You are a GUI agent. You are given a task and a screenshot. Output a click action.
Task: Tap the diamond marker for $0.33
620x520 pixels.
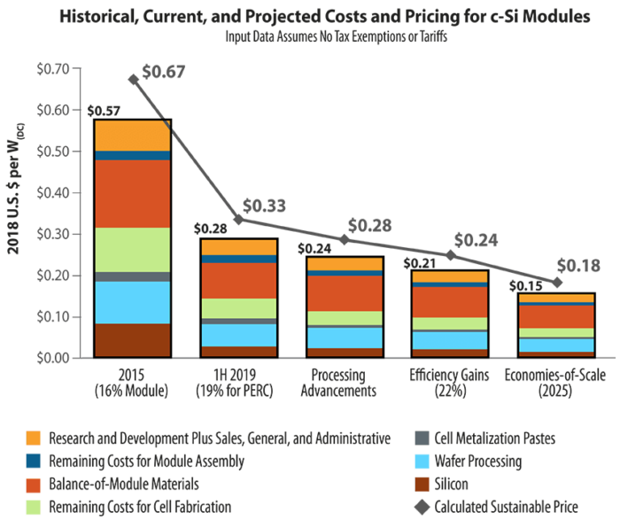pyautogui.click(x=237, y=219)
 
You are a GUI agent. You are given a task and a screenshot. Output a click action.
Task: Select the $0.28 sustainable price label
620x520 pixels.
pyautogui.click(x=369, y=225)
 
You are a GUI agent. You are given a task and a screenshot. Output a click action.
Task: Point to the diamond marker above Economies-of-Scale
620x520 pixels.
pyautogui.click(x=556, y=282)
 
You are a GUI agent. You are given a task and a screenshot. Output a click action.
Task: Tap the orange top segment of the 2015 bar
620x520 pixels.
pyautogui.click(x=132, y=135)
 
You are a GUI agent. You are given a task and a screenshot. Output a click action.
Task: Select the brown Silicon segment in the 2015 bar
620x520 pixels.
pyautogui.click(x=132, y=340)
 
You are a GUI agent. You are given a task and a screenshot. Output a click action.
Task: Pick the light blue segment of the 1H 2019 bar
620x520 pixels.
pyautogui.click(x=237, y=335)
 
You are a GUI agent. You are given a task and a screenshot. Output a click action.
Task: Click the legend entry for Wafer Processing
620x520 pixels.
pyautogui.click(x=478, y=461)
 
